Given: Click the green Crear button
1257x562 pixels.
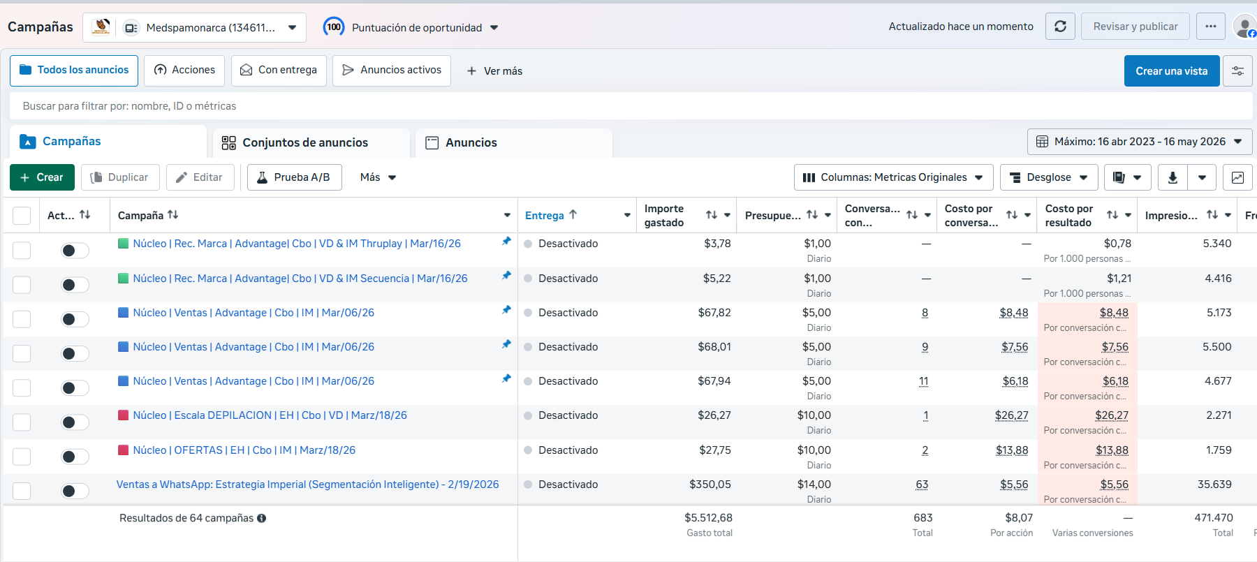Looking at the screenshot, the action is coord(42,177).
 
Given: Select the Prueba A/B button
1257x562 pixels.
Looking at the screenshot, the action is coord(295,177).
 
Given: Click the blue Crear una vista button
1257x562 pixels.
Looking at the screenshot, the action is coord(1172,71).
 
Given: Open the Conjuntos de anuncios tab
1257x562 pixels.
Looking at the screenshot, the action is coord(305,142).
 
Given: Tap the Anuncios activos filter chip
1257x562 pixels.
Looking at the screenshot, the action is coord(392,71).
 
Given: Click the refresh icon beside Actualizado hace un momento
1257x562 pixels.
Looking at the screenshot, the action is coord(1060,27).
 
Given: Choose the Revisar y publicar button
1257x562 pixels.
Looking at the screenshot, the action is coord(1135,27).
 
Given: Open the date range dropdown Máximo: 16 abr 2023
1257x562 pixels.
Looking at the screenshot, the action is coord(1140,142).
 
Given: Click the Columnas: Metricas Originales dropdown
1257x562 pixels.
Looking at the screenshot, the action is coord(893,177).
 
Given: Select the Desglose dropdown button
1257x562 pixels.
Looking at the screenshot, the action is coord(1049,177).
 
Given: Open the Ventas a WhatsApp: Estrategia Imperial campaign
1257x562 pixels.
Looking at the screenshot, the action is coord(308,485).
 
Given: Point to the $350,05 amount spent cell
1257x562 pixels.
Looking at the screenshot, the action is coord(710,485).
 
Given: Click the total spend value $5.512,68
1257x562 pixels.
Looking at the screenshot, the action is coord(708,518).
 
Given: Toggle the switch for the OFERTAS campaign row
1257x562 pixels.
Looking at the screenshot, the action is coord(75,457).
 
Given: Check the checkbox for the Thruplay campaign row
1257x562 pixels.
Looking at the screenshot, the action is coord(22,250).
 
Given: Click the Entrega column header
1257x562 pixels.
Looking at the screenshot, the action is coord(545,216).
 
